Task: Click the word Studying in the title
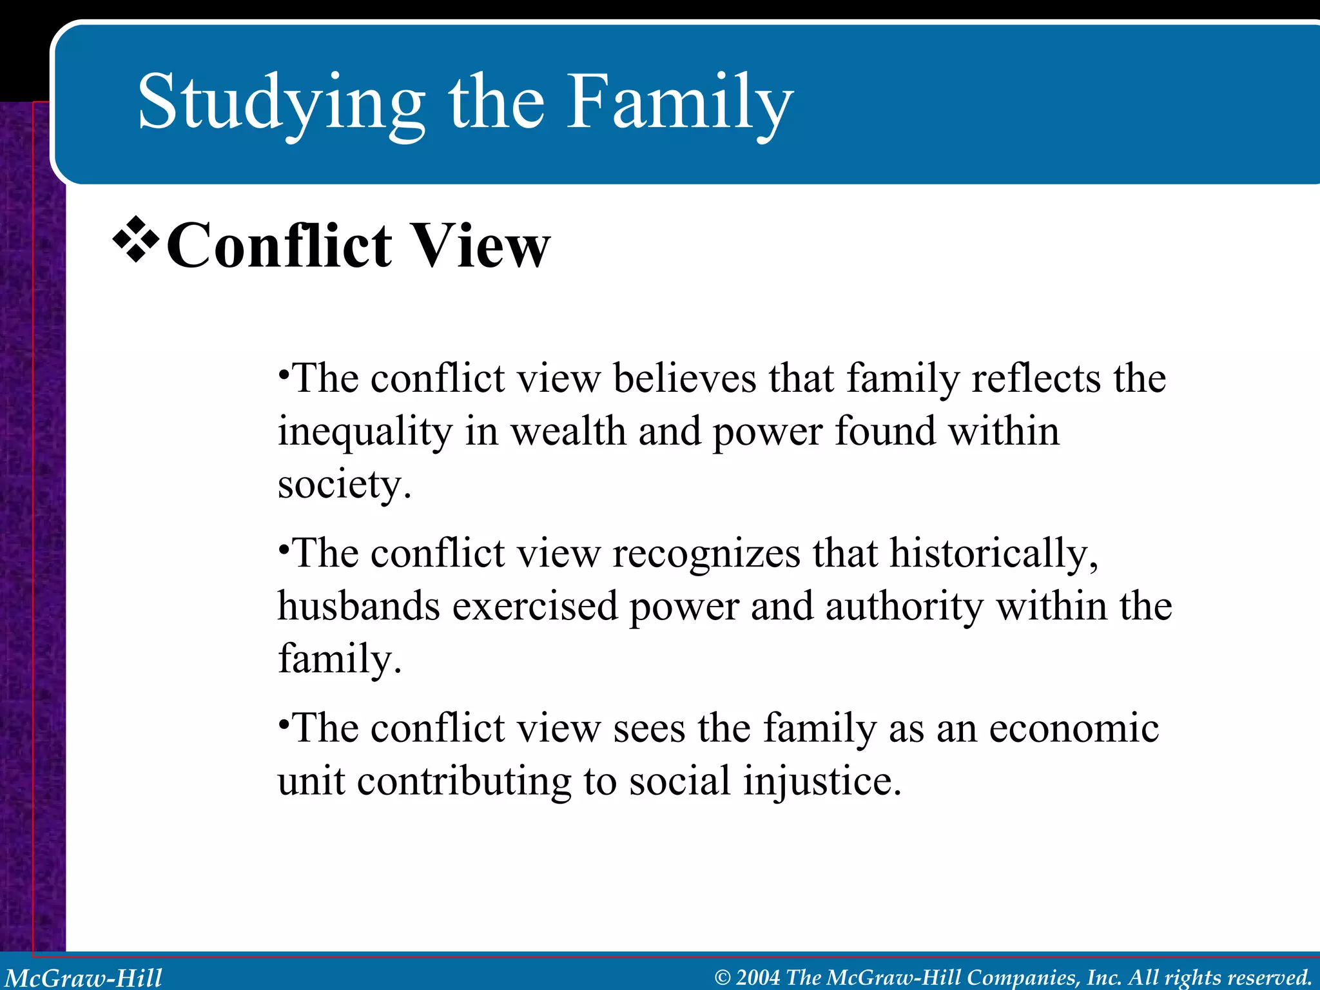click(x=281, y=103)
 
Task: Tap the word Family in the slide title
click(x=679, y=103)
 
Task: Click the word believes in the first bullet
click(x=684, y=378)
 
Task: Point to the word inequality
click(x=365, y=432)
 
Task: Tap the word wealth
click(x=568, y=431)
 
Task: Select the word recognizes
click(x=706, y=554)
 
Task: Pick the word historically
click(x=993, y=554)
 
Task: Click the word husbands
click(x=358, y=607)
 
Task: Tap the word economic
click(x=1073, y=729)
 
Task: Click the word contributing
click(x=464, y=782)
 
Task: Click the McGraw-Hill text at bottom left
click(x=84, y=978)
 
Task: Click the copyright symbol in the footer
click(x=723, y=978)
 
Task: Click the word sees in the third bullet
click(x=649, y=729)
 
